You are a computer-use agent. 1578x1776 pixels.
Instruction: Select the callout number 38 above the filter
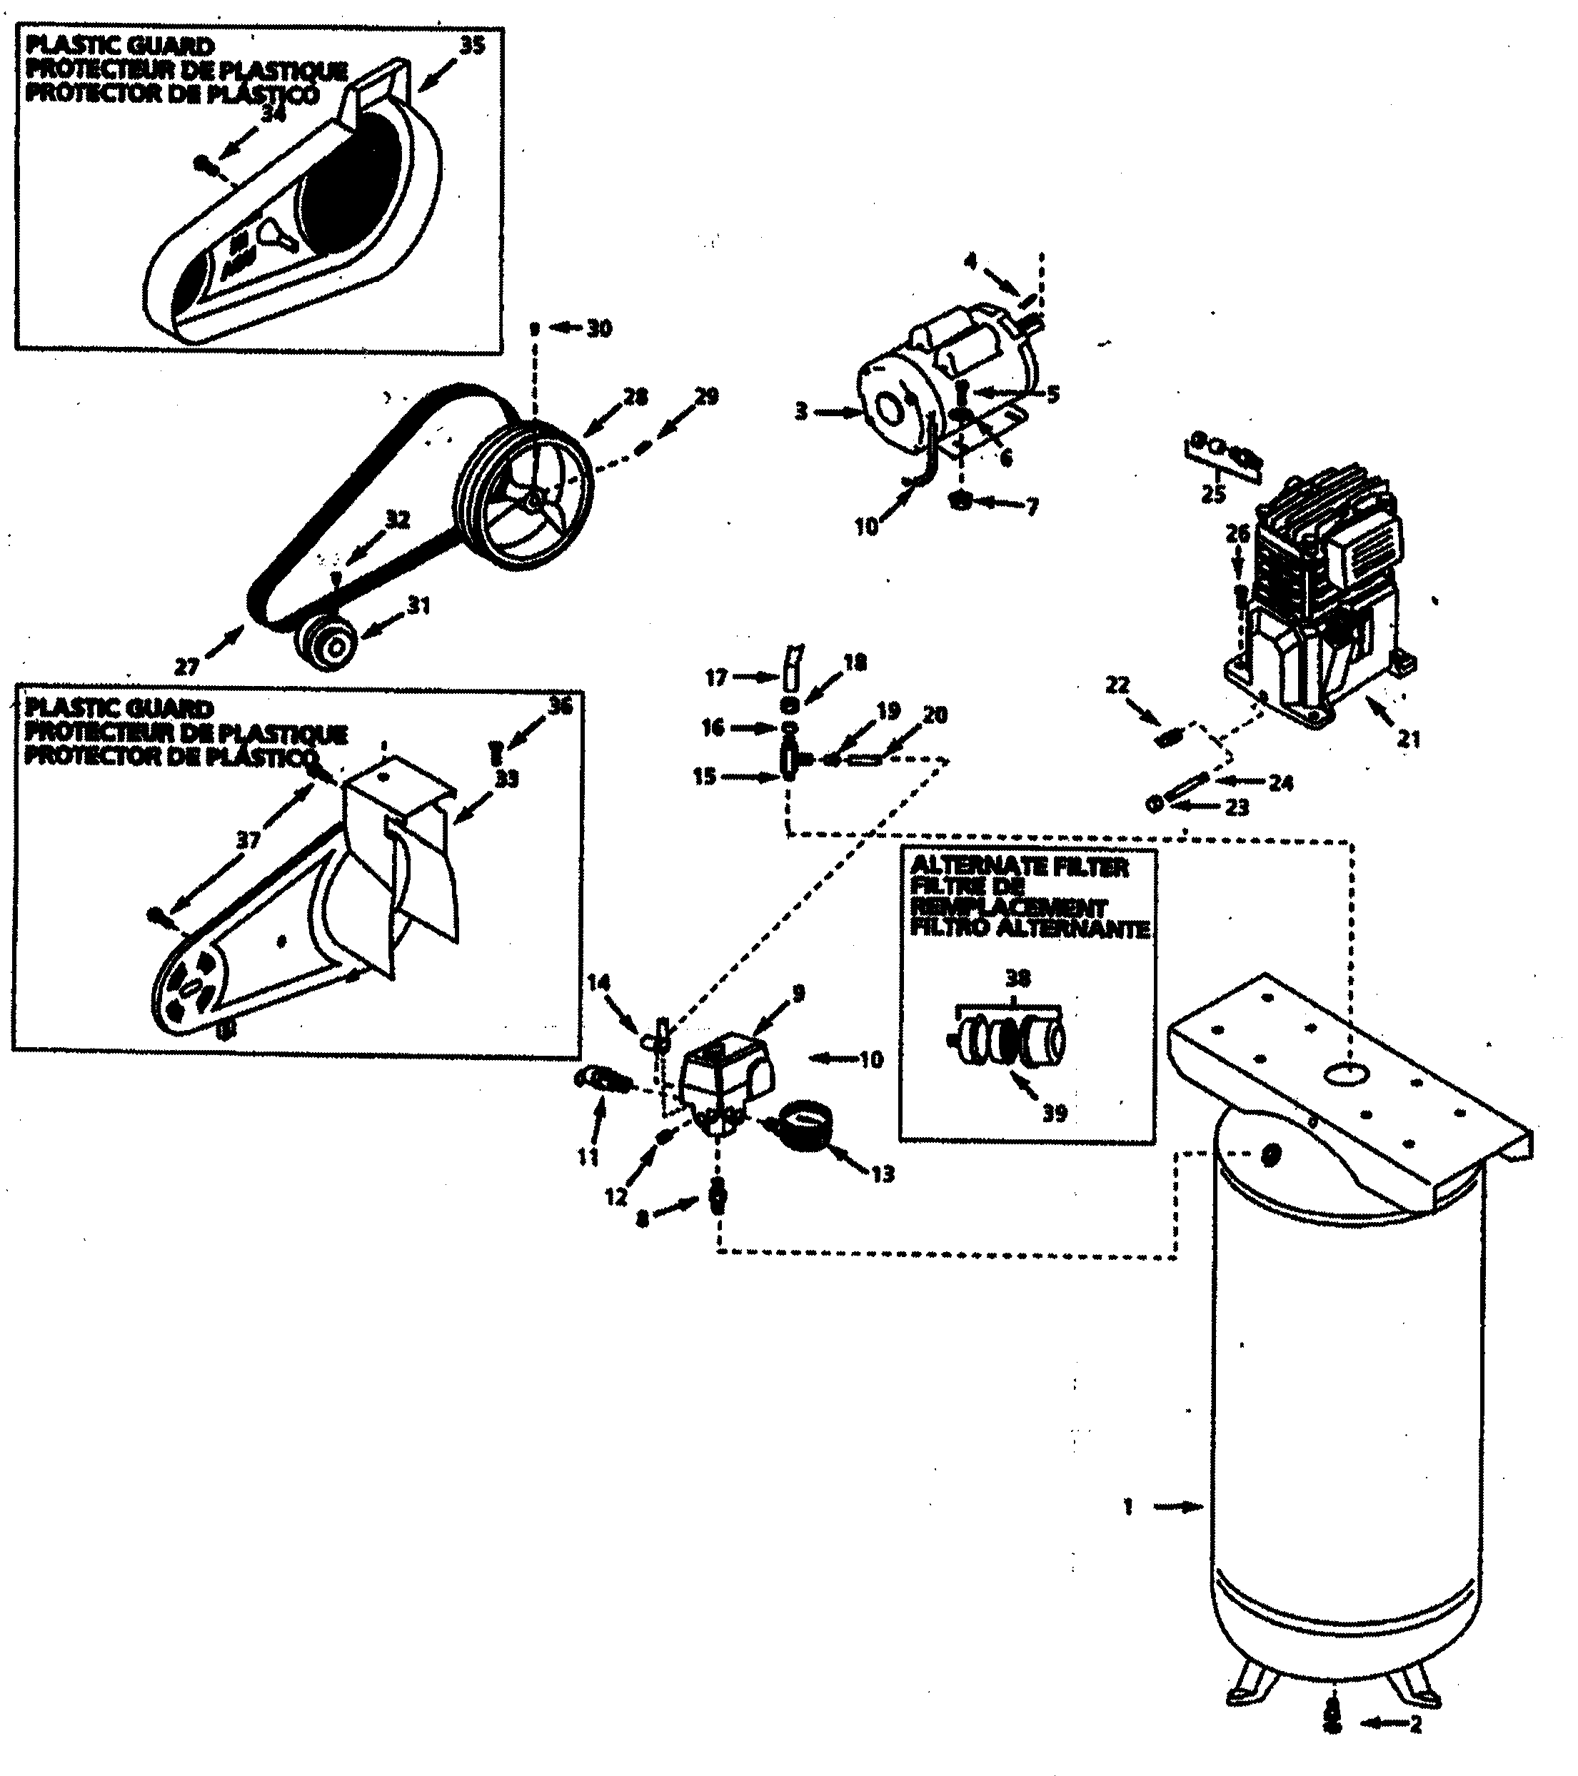[x=1017, y=979]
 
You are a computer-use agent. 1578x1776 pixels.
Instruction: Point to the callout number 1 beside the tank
[x=1128, y=1508]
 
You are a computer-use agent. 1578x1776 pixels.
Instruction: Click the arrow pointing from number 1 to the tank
[x=1177, y=1508]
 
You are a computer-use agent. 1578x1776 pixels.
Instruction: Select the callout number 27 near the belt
[x=187, y=667]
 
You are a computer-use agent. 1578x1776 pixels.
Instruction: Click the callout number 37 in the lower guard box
[x=248, y=839]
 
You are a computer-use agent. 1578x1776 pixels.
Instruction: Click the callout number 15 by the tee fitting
[x=705, y=777]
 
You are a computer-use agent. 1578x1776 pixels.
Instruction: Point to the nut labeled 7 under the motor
[x=961, y=501]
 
